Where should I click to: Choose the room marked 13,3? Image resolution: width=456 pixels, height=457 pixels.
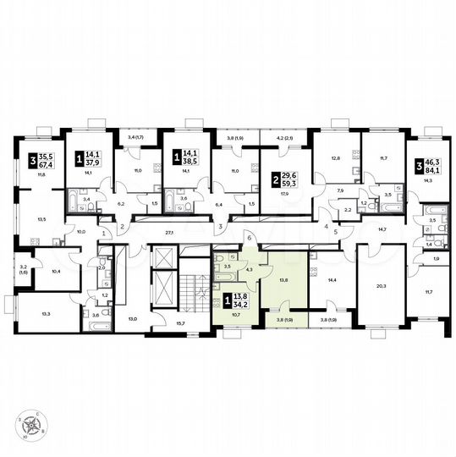click(x=44, y=312)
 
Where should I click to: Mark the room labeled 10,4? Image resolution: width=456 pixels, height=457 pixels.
click(x=56, y=271)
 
